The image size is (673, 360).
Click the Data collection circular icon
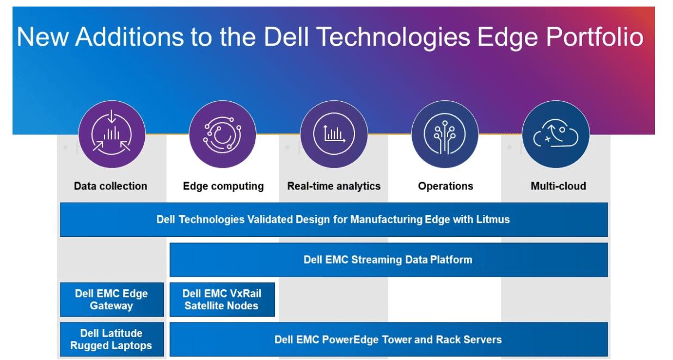[x=112, y=135]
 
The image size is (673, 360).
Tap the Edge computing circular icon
[x=223, y=135]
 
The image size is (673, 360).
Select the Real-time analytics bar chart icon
[x=334, y=135]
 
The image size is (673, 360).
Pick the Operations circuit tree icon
[x=445, y=135]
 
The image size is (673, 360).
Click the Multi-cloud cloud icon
[x=556, y=135]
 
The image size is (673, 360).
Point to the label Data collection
[x=111, y=186]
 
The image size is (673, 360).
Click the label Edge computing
[x=223, y=186]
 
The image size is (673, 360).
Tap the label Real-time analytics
[x=334, y=186]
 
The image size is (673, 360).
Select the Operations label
[x=445, y=186]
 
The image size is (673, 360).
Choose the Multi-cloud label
[x=558, y=186]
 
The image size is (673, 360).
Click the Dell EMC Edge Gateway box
[x=112, y=300]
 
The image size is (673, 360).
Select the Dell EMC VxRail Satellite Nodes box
[x=222, y=300]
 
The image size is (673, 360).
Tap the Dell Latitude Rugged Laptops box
[x=112, y=339]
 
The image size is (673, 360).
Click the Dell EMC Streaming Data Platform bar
[x=389, y=260]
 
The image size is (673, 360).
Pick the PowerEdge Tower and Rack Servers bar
[x=389, y=339]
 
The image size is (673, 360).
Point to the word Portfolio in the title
[x=595, y=36]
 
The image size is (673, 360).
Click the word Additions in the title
[x=129, y=36]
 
